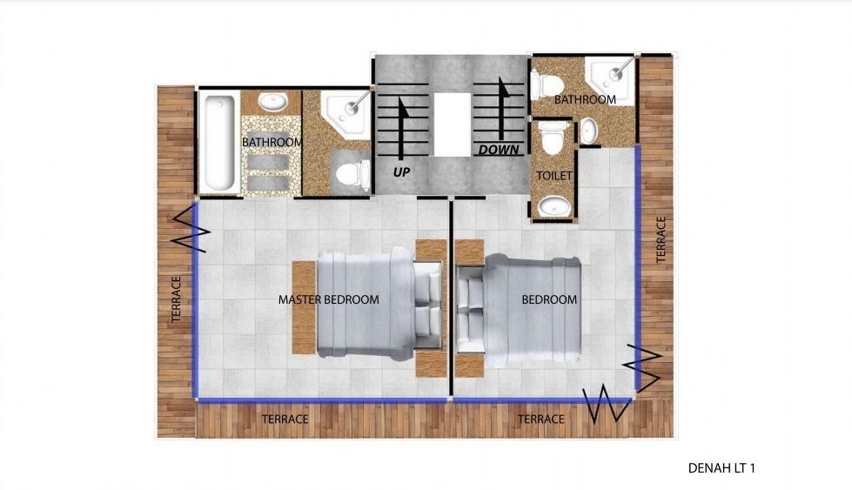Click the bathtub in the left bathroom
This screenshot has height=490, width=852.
(219, 143)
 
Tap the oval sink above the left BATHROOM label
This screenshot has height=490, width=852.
(272, 102)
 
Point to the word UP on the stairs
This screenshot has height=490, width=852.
(401, 172)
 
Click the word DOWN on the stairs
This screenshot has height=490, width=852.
(499, 150)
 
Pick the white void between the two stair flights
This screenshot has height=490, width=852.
(452, 124)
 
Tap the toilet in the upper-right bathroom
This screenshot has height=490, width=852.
(547, 85)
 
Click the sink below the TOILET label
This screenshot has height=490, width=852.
(554, 206)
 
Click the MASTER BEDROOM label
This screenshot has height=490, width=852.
(329, 299)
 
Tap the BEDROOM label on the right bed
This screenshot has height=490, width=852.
(549, 299)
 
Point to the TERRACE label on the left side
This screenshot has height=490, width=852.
(176, 299)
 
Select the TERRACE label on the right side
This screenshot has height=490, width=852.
(661, 239)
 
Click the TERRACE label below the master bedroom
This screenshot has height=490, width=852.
(285, 420)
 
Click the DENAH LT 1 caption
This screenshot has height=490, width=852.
(721, 467)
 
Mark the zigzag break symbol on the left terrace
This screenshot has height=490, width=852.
(191, 228)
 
